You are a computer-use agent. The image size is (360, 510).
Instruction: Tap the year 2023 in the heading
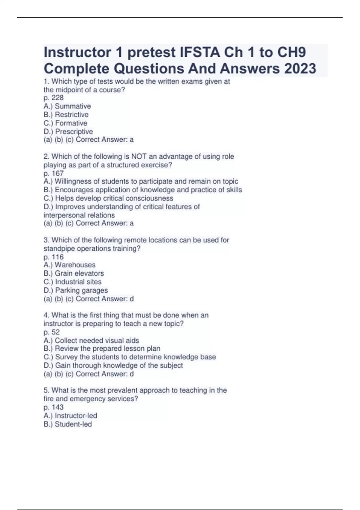click(x=300, y=68)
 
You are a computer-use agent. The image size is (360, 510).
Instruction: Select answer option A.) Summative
click(x=67, y=106)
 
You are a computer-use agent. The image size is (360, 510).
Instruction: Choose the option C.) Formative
click(x=65, y=123)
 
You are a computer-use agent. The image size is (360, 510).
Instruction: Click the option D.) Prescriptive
click(x=68, y=131)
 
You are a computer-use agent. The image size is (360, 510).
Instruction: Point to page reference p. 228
click(x=53, y=98)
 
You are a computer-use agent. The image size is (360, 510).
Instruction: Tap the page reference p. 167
click(x=53, y=173)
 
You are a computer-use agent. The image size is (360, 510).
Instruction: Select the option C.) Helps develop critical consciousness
click(x=108, y=198)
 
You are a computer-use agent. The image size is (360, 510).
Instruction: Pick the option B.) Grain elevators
click(x=74, y=273)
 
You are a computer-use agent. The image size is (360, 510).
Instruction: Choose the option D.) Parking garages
click(x=76, y=290)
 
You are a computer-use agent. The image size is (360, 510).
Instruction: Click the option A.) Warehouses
click(x=70, y=265)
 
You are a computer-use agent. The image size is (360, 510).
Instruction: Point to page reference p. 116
click(x=53, y=257)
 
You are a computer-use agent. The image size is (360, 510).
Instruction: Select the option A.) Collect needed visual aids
click(x=91, y=340)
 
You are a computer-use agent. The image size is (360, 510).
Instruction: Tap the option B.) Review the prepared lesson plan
click(x=102, y=348)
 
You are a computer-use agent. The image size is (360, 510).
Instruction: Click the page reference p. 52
click(x=52, y=332)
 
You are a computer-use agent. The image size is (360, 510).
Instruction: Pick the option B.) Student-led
click(x=68, y=424)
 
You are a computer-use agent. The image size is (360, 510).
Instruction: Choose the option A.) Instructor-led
click(x=70, y=416)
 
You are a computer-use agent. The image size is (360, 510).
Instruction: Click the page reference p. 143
click(x=53, y=407)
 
